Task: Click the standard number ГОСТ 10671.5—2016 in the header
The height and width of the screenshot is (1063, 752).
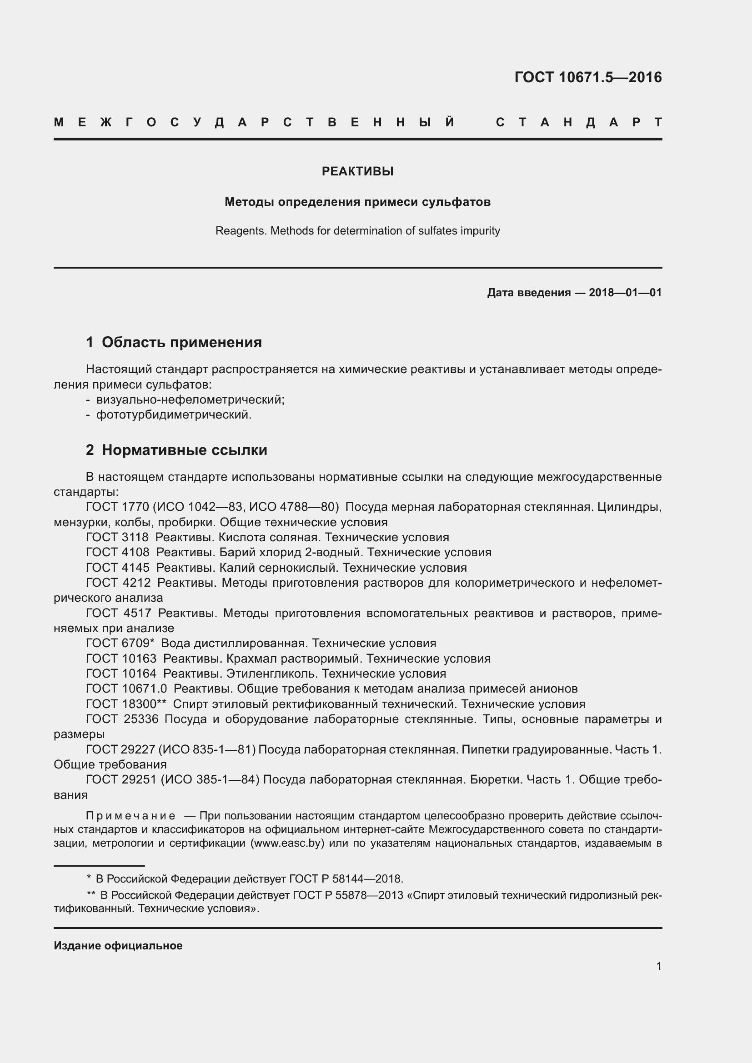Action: point(587,77)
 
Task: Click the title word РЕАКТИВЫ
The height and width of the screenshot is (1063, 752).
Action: point(357,171)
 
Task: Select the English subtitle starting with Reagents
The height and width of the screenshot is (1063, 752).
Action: point(357,230)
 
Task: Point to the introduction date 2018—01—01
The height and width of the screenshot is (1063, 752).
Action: point(625,293)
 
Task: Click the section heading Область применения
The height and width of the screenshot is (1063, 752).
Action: point(181,342)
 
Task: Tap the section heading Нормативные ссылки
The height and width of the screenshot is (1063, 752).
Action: point(184,449)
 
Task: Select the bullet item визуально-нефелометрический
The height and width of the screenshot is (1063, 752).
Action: point(190,399)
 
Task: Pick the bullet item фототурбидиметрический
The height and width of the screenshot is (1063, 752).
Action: point(174,414)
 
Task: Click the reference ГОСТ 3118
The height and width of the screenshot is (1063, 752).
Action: point(117,537)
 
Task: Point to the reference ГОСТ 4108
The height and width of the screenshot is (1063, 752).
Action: point(118,552)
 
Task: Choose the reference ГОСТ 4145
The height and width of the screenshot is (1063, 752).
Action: point(118,567)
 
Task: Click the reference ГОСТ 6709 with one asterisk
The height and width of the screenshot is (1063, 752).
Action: point(120,643)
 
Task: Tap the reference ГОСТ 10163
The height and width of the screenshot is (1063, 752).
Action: point(121,658)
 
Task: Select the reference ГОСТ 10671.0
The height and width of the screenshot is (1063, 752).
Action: point(126,689)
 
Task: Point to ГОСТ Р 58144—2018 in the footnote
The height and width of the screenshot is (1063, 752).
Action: point(346,878)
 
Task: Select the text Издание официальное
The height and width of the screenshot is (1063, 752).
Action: point(118,945)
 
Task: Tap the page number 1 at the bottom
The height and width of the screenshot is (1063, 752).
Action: point(658,966)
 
